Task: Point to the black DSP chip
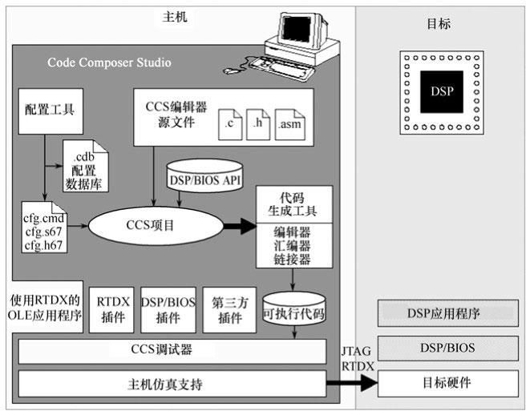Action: [441, 91]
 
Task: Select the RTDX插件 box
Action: [111, 310]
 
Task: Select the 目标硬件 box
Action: [446, 382]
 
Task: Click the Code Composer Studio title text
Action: [109, 62]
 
